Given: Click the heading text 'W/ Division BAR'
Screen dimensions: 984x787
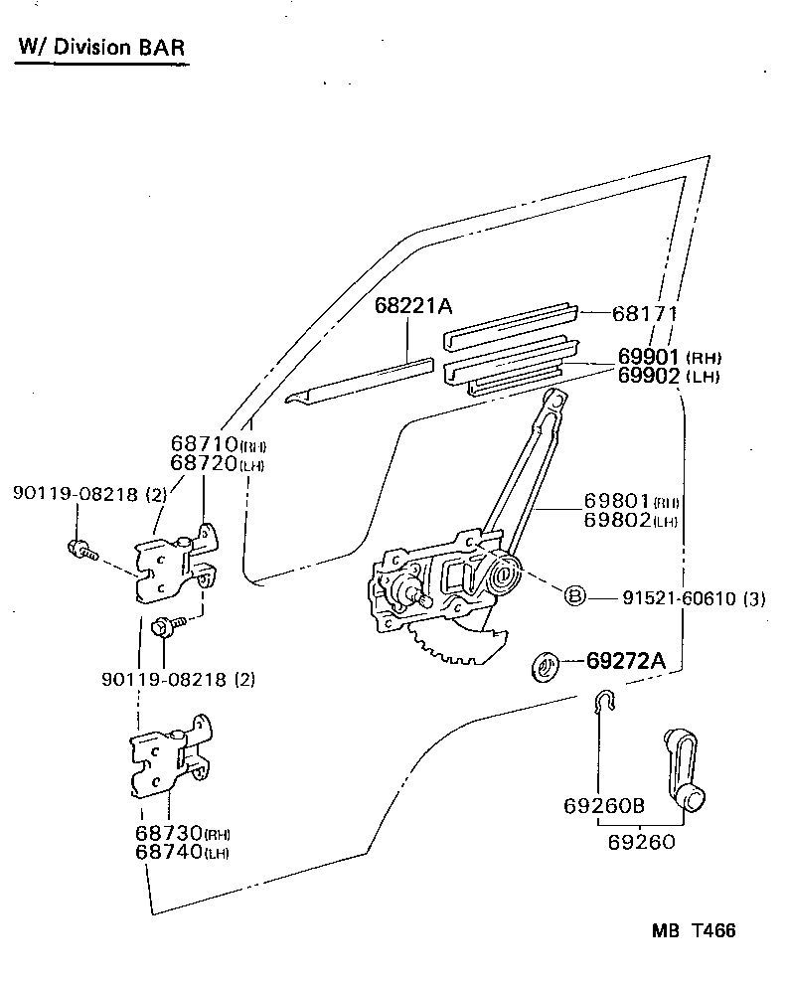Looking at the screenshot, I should tap(100, 48).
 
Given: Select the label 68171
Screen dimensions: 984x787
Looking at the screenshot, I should tap(644, 313).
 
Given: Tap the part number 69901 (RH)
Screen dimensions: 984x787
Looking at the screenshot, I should tap(668, 356).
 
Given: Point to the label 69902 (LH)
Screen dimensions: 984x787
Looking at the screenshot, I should tap(668, 376).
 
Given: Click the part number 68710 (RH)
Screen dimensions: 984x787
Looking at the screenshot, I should tap(218, 444).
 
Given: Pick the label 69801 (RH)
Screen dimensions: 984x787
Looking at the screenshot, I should tap(630, 502).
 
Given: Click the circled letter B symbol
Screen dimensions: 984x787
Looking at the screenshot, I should tap(574, 596).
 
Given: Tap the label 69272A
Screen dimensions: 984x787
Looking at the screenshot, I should tap(625, 660).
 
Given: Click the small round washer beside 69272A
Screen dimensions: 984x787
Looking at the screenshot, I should tap(545, 667).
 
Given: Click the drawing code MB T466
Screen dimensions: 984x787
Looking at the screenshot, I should tap(694, 930).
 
